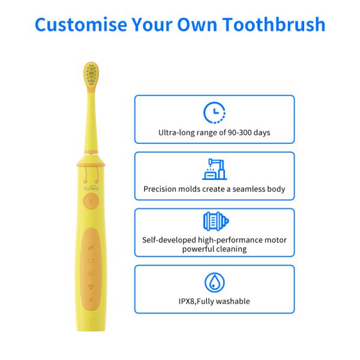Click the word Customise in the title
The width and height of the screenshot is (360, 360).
click(81, 25)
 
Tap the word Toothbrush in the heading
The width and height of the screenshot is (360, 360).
click(274, 25)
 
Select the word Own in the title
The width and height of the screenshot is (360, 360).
click(197, 25)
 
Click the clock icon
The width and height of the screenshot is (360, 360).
click(214, 113)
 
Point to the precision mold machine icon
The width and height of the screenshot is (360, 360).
click(215, 169)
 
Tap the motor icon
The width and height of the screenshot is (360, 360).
click(216, 221)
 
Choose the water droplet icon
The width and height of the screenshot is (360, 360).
click(215, 283)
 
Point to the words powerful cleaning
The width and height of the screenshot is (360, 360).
click(214, 249)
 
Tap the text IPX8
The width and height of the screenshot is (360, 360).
click(187, 301)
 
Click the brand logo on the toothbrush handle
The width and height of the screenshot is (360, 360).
click(91, 188)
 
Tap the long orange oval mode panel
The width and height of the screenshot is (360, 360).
click(91, 269)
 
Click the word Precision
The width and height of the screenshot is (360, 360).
click(160, 189)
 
